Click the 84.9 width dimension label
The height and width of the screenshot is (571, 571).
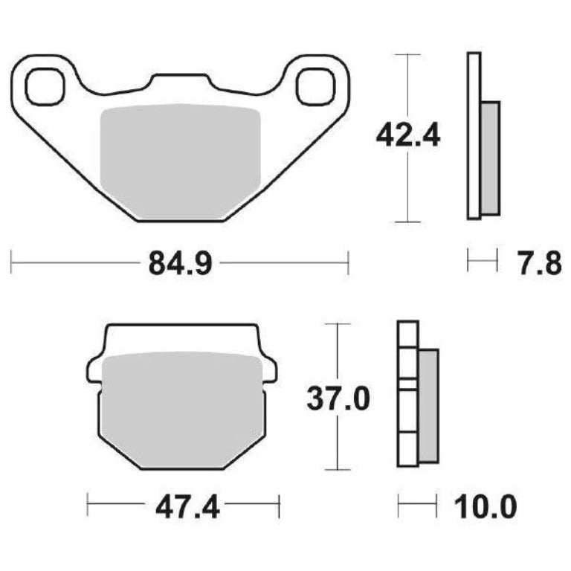pos(179,263)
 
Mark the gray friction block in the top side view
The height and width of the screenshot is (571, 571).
pos(491,158)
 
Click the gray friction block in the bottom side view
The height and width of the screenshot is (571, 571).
pos(428,406)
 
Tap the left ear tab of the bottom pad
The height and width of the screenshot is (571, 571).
pos(94,368)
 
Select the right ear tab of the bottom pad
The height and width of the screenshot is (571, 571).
pos(270,368)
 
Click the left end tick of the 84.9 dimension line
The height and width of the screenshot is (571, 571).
pos(13,262)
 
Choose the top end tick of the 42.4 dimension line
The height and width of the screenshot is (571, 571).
pos(408,54)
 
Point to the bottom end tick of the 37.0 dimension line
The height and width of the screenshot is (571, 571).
pos(338,470)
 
